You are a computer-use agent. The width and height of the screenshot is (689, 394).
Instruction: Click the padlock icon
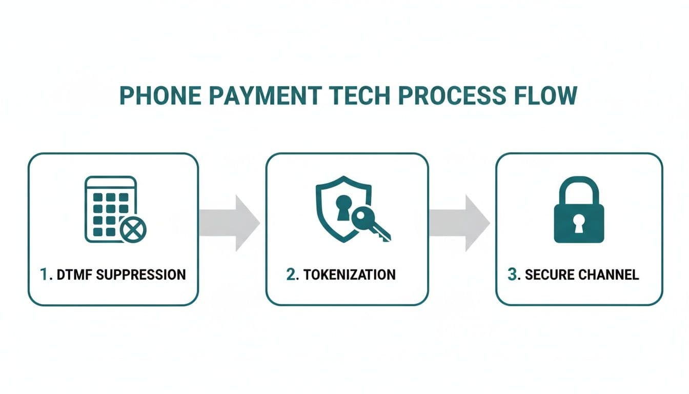(x=579, y=210)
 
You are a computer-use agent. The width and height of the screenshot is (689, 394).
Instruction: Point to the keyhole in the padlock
(x=579, y=224)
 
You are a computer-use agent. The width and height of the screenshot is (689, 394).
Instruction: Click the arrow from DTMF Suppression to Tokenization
(x=229, y=223)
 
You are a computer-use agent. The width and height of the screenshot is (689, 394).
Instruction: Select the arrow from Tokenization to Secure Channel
(x=459, y=223)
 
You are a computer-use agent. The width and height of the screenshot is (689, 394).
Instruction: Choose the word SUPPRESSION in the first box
(x=140, y=274)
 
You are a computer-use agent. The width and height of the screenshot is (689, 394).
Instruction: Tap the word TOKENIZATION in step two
(x=349, y=274)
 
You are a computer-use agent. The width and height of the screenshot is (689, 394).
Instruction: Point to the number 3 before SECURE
(x=512, y=274)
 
